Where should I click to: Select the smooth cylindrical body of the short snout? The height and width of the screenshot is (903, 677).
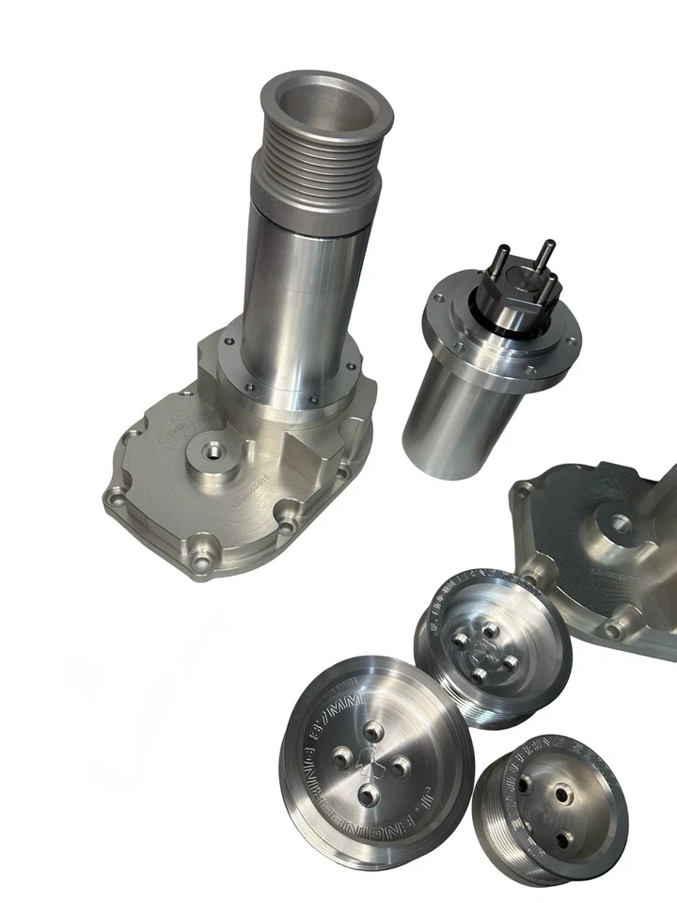pyautogui.click(x=461, y=414)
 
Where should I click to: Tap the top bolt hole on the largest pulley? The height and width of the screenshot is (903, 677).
pyautogui.click(x=373, y=731)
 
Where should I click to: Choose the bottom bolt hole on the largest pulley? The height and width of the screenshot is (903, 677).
pyautogui.click(x=368, y=798)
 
